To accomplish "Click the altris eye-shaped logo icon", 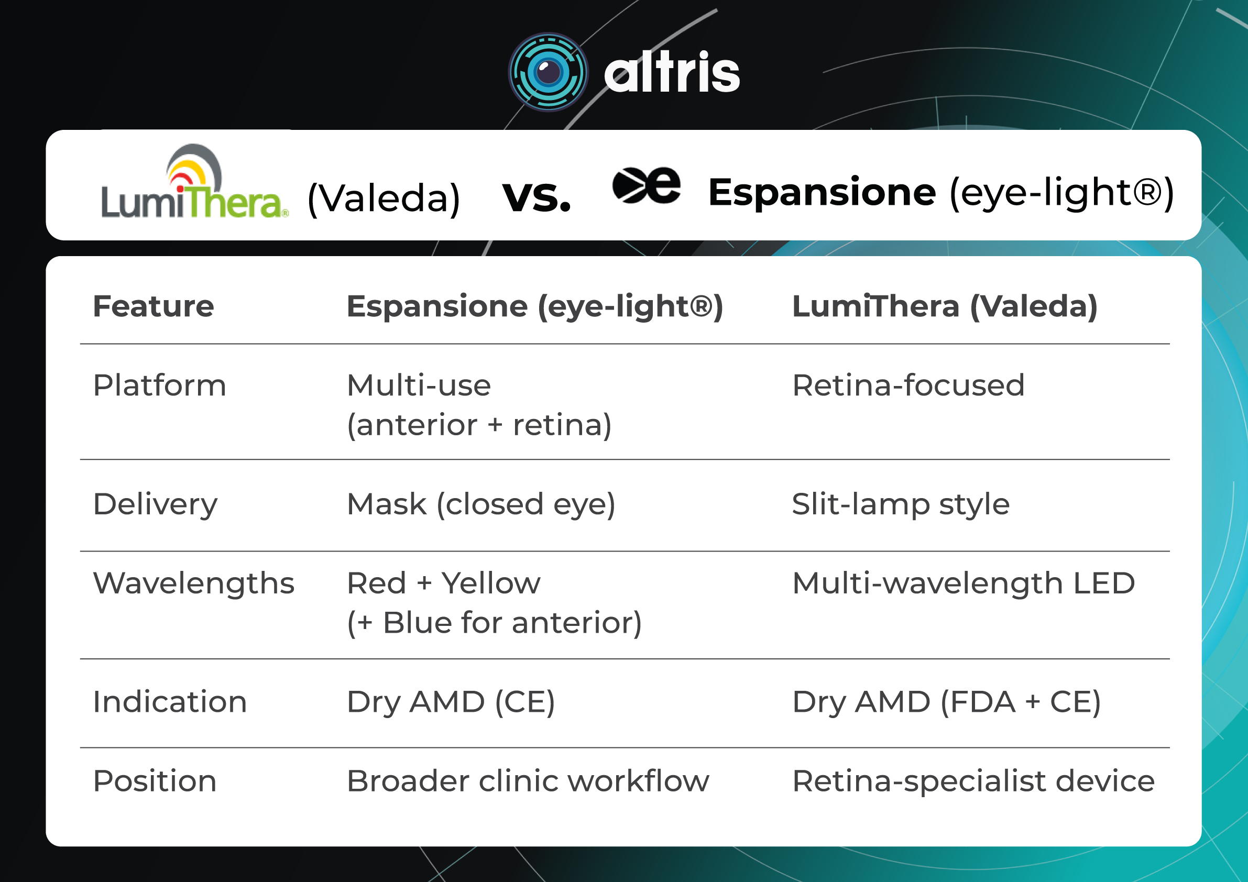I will [548, 72].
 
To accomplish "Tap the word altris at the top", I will [672, 73].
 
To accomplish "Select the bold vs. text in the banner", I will [537, 197].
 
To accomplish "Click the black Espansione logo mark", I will [645, 186].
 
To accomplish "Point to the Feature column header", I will [154, 306].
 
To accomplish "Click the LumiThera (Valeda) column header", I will [945, 306].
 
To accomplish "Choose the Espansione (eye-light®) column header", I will [535, 306].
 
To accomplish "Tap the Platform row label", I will [159, 385].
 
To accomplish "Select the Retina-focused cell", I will [908, 385].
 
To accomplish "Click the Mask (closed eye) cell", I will [481, 504].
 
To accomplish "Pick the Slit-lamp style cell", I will [901, 504].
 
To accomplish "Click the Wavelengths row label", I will [193, 583].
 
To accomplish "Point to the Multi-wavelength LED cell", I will [963, 583].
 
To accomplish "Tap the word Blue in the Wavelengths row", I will [417, 622].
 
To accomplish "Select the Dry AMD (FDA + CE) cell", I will [946, 702].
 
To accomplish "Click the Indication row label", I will [170, 702].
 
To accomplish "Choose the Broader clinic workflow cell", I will [528, 781].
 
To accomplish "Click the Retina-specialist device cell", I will [973, 781].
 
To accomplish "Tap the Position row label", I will [155, 781].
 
